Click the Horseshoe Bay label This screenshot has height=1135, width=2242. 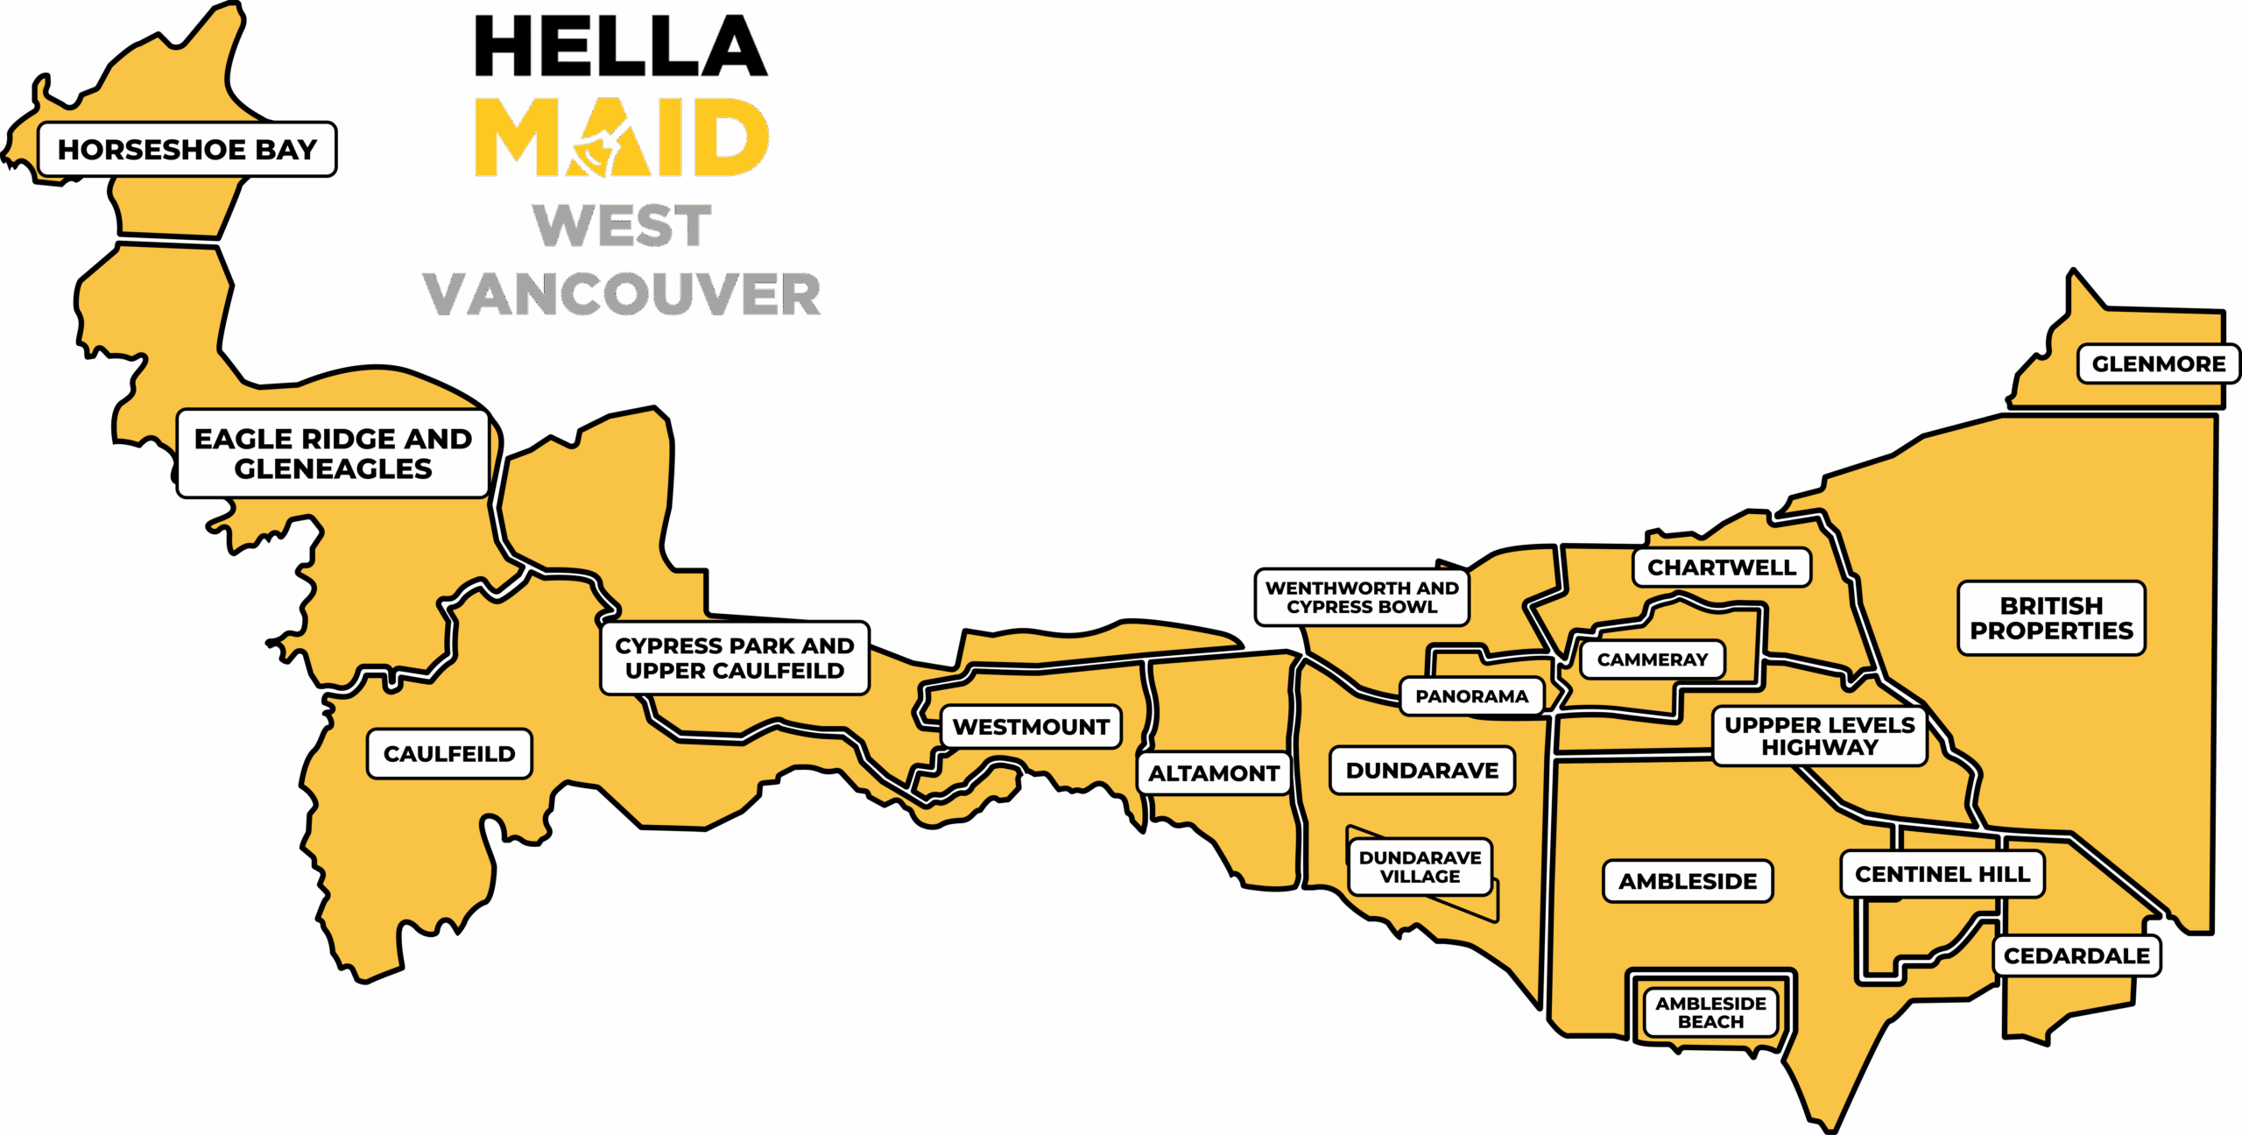point(187,150)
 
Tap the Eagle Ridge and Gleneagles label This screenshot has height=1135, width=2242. point(333,454)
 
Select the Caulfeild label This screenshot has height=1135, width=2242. point(449,754)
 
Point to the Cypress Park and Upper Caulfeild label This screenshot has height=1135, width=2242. point(735,658)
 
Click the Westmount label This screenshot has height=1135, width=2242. point(1031,727)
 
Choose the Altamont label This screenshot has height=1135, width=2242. point(1214,773)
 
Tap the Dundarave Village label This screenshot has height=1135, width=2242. point(1420,867)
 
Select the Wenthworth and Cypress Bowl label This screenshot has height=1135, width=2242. point(1362,597)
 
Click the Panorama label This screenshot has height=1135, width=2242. point(1471,696)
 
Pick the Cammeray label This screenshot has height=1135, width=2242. point(1653,659)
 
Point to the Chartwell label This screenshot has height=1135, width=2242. point(1722,567)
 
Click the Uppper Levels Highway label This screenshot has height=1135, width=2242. point(1820,737)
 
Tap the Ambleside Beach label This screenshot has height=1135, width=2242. point(1710,1012)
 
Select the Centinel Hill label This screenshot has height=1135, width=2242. point(1942,874)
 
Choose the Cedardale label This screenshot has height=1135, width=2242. point(2076,955)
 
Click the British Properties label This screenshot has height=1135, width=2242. point(2051,618)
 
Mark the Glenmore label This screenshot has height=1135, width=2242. point(2159,364)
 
